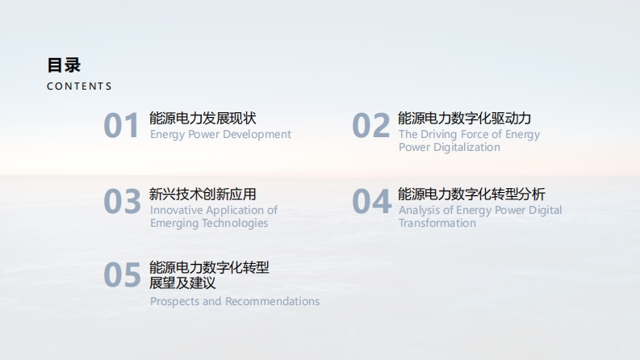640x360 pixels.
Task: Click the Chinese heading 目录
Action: click(64, 65)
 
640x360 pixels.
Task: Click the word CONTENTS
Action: click(79, 86)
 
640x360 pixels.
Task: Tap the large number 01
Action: click(121, 125)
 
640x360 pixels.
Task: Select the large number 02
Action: click(370, 125)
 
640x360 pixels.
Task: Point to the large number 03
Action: click(122, 201)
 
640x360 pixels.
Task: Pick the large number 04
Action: click(371, 201)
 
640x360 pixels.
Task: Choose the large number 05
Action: click(122, 274)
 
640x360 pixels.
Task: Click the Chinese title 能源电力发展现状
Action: click(203, 119)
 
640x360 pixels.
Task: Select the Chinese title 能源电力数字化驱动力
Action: click(465, 119)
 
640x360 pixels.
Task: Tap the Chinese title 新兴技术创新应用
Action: click(203, 195)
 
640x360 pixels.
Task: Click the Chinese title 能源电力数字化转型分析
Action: click(471, 195)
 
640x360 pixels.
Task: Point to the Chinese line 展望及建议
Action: click(182, 283)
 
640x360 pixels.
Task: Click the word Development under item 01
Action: click(257, 135)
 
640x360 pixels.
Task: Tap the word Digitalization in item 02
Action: click(466, 148)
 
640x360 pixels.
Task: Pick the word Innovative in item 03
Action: click(174, 210)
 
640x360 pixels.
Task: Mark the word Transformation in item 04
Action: click(437, 224)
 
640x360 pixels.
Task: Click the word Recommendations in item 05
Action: click(272, 301)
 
